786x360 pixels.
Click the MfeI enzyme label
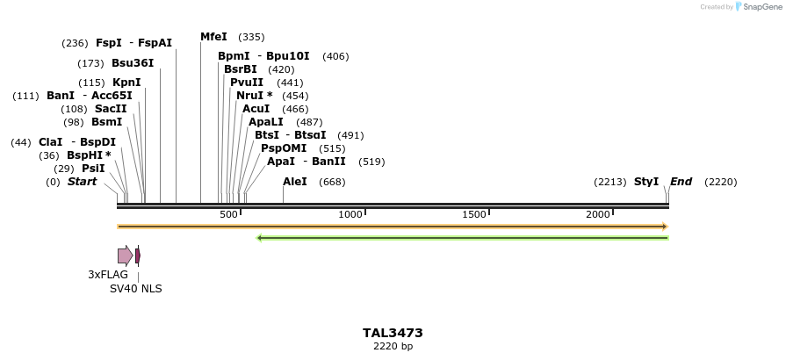tap(213, 37)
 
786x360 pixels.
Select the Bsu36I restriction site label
tap(133, 63)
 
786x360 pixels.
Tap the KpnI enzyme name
tap(126, 83)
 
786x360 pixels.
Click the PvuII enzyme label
tap(247, 83)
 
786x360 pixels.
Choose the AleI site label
tap(295, 182)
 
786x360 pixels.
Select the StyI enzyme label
tap(646, 182)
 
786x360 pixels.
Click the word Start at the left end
tap(82, 182)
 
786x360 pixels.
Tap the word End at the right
tap(681, 182)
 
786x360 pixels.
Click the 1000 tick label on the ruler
tap(350, 215)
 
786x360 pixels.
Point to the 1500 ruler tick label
tap(474, 215)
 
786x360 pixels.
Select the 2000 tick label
tap(598, 215)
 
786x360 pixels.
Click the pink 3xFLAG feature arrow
tap(125, 256)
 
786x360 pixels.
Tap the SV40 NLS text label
tap(135, 289)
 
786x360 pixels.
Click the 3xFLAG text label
tap(108, 275)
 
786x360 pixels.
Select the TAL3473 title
tap(393, 334)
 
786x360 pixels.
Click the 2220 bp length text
tap(393, 347)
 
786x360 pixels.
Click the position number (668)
tap(332, 183)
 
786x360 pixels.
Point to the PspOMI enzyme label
tap(284, 148)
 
